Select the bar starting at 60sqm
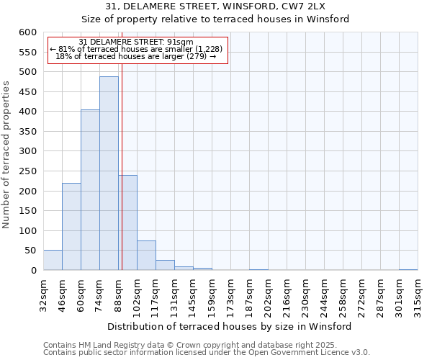[x=90, y=190]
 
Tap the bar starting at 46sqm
[x=71, y=227]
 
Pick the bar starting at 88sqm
[x=128, y=222]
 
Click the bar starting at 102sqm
[x=146, y=256]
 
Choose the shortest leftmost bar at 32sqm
[x=53, y=261]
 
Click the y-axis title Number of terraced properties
[x=7, y=154]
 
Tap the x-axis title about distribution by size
[x=230, y=326]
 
